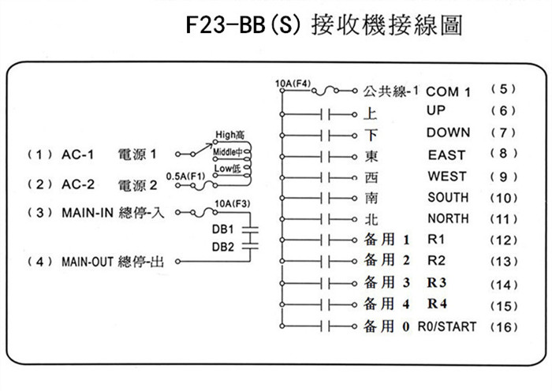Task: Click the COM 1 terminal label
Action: (449, 92)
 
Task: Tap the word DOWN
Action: (448, 132)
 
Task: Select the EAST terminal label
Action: (446, 155)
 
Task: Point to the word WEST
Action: (446, 176)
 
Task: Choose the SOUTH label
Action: (447, 197)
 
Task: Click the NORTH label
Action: (447, 218)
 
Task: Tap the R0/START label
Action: (446, 326)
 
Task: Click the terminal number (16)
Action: (504, 326)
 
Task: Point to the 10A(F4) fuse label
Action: (293, 82)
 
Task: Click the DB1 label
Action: (223, 229)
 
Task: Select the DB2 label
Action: (223, 246)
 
